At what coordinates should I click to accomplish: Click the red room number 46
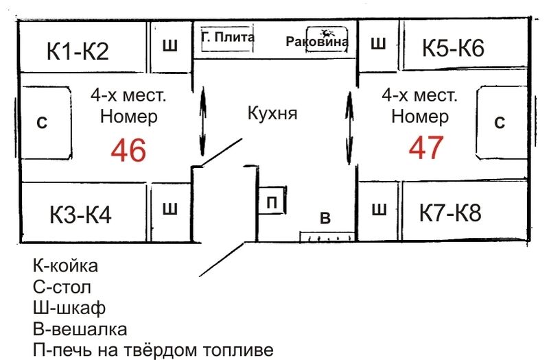[129, 150]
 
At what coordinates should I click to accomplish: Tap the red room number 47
[426, 148]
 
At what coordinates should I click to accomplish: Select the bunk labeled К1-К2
[78, 51]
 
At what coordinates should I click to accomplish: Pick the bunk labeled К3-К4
[80, 215]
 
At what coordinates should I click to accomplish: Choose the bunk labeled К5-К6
[453, 49]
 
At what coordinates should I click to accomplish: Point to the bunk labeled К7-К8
[450, 213]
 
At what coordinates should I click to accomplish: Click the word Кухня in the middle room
[272, 113]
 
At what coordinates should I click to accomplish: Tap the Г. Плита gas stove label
[228, 38]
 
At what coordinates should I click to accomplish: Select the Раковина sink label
[317, 42]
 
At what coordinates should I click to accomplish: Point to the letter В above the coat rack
[326, 219]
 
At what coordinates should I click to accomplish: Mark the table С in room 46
[42, 123]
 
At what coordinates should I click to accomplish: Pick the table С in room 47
[500, 122]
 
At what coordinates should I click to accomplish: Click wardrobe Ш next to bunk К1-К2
[170, 46]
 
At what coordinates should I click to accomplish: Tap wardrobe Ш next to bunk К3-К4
[170, 210]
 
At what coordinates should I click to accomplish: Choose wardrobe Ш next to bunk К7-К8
[378, 210]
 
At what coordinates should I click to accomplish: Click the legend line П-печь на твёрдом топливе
[153, 350]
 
